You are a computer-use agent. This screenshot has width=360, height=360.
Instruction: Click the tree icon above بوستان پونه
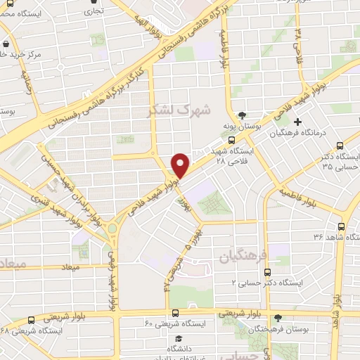point(243,115)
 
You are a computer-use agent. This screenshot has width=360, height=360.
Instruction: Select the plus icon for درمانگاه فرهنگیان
point(298,122)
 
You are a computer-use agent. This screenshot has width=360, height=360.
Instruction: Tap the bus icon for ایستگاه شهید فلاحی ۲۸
point(232,139)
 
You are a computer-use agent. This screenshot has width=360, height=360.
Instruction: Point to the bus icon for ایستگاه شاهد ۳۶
point(341,227)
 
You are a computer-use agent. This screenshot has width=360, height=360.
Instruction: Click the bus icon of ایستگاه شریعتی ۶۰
point(175,312)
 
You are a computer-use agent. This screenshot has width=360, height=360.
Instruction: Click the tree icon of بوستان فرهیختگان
point(278,318)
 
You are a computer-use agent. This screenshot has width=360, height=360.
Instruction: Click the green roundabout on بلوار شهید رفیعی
point(112,229)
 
